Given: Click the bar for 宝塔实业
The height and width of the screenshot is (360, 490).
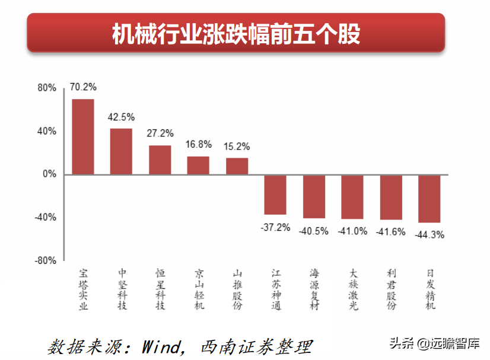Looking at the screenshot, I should [x=83, y=136].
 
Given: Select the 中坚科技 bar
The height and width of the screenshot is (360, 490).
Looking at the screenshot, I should [x=121, y=151].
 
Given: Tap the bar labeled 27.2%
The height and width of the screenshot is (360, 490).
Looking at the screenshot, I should [x=160, y=160].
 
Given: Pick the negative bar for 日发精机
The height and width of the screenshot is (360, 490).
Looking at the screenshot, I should [x=429, y=198].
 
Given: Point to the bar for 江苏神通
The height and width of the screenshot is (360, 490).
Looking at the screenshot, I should [x=275, y=195].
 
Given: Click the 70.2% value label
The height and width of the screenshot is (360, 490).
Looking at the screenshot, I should [x=83, y=87].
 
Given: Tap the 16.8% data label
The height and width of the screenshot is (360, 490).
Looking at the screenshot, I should [x=198, y=144].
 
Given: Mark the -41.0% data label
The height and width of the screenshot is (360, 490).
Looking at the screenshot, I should [x=353, y=231].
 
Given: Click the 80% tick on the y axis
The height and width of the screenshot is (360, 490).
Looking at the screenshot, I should [x=47, y=88].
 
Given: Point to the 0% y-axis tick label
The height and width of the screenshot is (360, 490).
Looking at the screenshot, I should [x=50, y=174].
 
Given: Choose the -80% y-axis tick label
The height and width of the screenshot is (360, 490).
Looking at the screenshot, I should [x=46, y=260].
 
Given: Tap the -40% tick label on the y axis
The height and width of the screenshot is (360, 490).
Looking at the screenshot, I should [x=46, y=217].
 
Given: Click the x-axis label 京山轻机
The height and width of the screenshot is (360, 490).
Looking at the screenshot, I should [x=199, y=289].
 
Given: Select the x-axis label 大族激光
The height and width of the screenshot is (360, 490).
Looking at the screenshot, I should [x=353, y=289].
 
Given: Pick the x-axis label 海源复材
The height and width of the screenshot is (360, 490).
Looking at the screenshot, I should [x=314, y=289].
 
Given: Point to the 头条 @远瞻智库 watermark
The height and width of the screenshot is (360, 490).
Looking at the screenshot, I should [x=434, y=343].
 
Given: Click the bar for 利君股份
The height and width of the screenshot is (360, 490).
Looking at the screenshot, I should [x=391, y=197].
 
